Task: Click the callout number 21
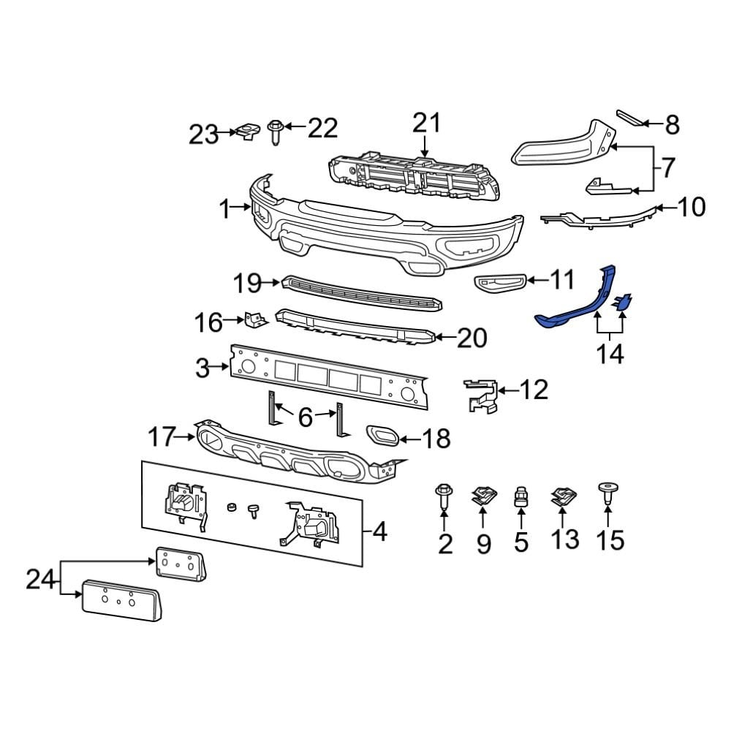click(427, 123)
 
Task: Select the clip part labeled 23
click(246, 132)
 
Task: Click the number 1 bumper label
click(224, 210)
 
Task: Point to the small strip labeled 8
click(630, 118)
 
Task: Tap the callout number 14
click(610, 355)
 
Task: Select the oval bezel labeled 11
click(499, 281)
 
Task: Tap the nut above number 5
click(521, 498)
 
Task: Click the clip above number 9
click(483, 497)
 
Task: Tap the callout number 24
click(41, 580)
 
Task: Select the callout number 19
click(247, 282)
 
